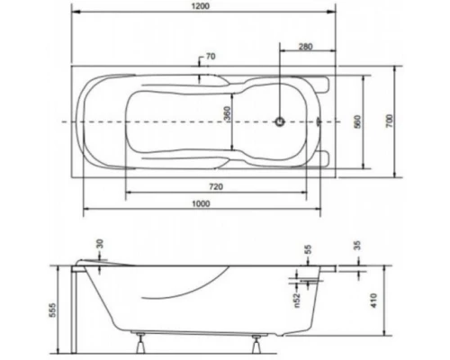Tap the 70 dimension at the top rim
pyautogui.click(x=210, y=57)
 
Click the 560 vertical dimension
pyautogui.click(x=356, y=121)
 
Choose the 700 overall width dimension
pyautogui.click(x=390, y=121)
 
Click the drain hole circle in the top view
pyautogui.click(x=281, y=121)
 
